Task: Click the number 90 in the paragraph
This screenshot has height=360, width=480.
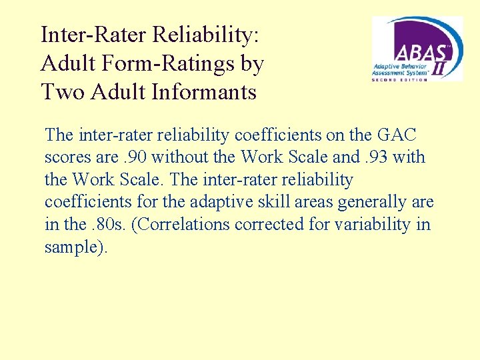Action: [134, 157]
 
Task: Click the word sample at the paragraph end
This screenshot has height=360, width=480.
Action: [70, 247]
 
